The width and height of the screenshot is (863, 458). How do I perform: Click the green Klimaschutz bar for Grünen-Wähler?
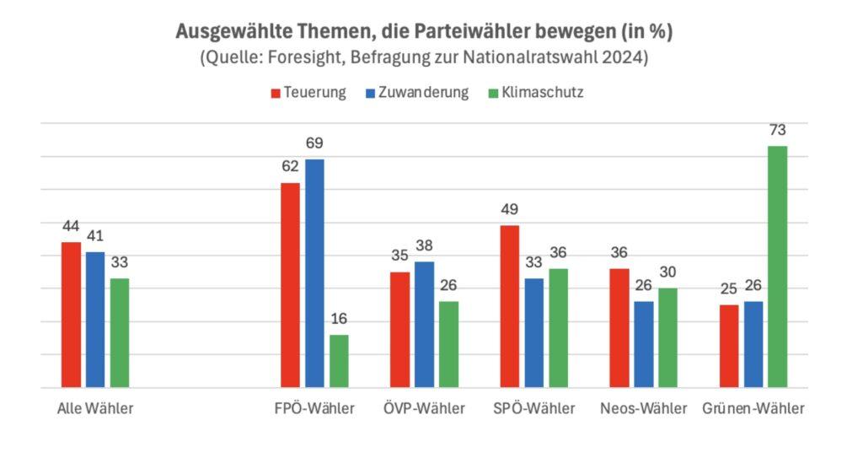coord(777,267)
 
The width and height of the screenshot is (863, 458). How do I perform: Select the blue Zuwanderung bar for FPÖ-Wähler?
coord(314,273)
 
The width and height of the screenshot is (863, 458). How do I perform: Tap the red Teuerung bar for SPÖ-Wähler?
coord(509,306)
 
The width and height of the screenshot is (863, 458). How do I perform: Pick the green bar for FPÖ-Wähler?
coord(339,361)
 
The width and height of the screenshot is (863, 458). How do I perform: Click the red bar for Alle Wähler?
coord(72,315)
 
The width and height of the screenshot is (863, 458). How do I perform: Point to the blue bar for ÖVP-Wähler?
coord(424,325)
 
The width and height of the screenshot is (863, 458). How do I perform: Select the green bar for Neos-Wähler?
coord(667,337)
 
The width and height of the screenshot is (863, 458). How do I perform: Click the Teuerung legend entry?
coord(308,93)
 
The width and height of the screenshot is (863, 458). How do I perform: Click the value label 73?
coord(777,131)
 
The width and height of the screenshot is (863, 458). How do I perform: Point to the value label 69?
coord(314,143)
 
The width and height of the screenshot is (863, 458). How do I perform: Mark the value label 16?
coord(339,319)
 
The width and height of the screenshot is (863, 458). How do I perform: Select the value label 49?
coord(509,209)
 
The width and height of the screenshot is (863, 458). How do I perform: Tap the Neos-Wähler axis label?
coord(643,409)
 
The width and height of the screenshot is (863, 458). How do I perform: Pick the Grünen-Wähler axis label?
coord(753,409)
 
